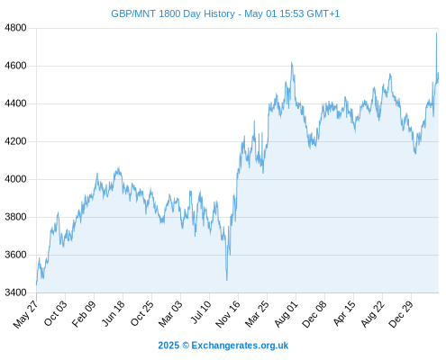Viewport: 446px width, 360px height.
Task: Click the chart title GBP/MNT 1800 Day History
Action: (173, 13)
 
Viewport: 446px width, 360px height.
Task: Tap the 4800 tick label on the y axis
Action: (15, 28)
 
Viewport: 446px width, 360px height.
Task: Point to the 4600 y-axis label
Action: (15, 66)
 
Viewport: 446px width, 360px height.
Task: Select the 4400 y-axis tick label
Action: (15, 103)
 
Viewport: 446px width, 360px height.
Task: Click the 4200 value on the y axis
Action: (15, 141)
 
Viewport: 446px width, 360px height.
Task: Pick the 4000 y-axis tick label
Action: (15, 179)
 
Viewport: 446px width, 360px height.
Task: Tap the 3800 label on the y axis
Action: (15, 217)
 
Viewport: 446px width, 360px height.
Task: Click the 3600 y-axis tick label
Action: (15, 255)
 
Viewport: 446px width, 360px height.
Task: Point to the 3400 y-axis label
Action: (15, 292)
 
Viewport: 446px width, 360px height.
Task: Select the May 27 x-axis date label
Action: (26, 313)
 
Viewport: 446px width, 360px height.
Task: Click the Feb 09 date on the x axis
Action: (84, 313)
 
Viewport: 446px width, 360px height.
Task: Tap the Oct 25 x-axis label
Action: (141, 313)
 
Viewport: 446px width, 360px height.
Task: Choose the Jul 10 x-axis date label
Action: (201, 312)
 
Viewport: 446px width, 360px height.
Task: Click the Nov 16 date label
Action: (228, 313)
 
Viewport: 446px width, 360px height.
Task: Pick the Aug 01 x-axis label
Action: (286, 313)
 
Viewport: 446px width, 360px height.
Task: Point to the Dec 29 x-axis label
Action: (401, 313)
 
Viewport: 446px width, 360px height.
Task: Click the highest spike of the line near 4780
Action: (436, 33)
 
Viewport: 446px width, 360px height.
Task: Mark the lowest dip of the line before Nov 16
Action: (227, 280)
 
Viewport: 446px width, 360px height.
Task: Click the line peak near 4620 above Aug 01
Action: (291, 62)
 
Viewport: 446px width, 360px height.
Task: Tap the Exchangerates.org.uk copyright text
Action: (223, 346)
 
